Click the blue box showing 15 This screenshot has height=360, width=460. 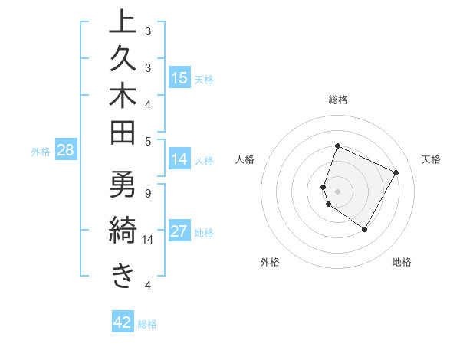[179, 78]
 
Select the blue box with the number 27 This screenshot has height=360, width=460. [179, 232]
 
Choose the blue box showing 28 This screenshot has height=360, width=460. [66, 151]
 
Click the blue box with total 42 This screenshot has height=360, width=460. [123, 322]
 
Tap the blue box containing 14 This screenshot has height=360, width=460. [179, 160]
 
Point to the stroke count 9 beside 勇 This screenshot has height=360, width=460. [147, 193]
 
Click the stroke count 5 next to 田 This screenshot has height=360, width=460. [147, 140]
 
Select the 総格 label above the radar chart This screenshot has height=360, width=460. [338, 100]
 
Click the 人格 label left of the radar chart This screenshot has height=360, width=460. [245, 159]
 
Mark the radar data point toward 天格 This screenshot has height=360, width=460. [396, 172]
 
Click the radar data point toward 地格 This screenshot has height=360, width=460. [365, 229]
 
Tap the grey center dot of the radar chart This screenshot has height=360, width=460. [338, 191]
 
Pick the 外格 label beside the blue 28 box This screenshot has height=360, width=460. [41, 152]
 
